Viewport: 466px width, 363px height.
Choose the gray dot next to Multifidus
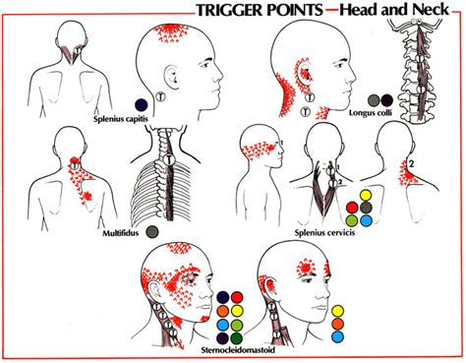coord(153,232)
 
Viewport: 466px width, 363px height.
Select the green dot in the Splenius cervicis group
coord(351,220)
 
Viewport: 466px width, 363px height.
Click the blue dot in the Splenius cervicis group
coord(366,220)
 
